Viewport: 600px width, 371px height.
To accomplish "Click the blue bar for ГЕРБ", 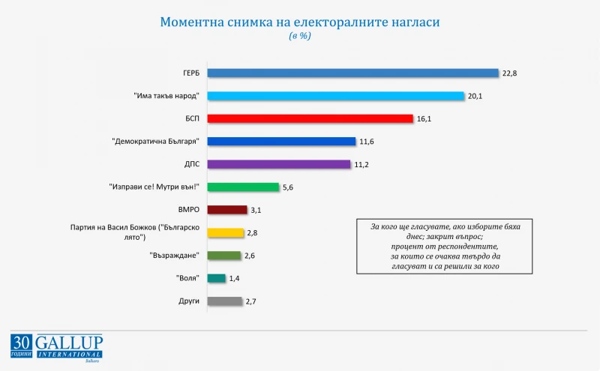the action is pyautogui.click(x=352, y=73).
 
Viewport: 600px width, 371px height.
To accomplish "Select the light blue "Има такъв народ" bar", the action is pyautogui.click(x=335, y=96).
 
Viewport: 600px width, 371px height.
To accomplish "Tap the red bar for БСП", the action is pyautogui.click(x=310, y=118).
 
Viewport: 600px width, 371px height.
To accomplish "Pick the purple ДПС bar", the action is pyautogui.click(x=279, y=164).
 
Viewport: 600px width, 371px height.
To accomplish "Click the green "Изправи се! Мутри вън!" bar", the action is pyautogui.click(x=243, y=187).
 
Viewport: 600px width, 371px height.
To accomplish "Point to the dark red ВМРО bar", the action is pyautogui.click(x=227, y=210).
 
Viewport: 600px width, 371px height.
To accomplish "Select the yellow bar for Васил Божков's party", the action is pyautogui.click(x=226, y=232).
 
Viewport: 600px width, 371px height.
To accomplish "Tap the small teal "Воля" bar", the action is pyautogui.click(x=217, y=278).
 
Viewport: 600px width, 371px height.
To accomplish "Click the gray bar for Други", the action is pyautogui.click(x=225, y=301).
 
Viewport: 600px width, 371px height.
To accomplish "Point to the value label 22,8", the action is pyautogui.click(x=509, y=73).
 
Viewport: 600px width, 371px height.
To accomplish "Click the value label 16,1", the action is pyautogui.click(x=424, y=118).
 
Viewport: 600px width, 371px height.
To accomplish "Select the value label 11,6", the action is pyautogui.click(x=367, y=142).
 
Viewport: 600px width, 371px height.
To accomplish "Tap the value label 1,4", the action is pyautogui.click(x=234, y=279).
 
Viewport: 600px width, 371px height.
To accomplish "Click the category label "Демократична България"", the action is pyautogui.click(x=156, y=142).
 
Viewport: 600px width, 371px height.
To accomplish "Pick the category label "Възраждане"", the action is pyautogui.click(x=175, y=255).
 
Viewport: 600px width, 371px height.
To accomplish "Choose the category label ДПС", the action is pyautogui.click(x=192, y=164).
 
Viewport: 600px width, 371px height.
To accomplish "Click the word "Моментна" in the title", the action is pyautogui.click(x=192, y=22).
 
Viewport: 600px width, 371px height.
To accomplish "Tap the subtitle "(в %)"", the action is pyautogui.click(x=300, y=35).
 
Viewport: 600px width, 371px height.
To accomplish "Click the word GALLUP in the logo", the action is pyautogui.click(x=69, y=343).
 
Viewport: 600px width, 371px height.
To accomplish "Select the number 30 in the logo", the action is pyautogui.click(x=22, y=342).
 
